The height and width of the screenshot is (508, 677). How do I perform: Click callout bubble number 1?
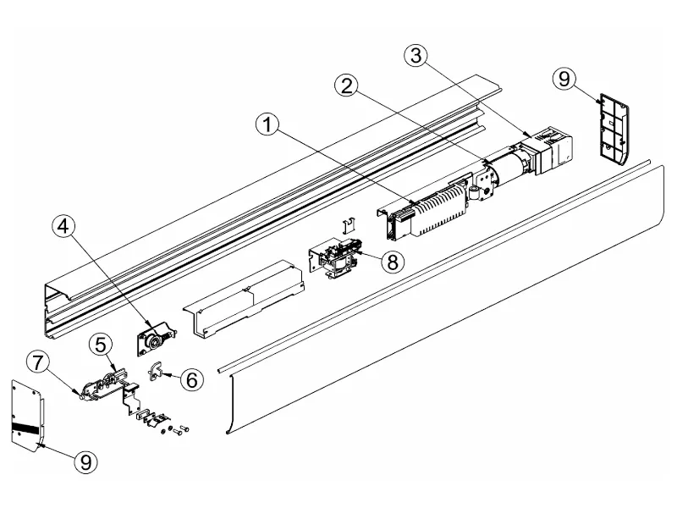tap(267, 124)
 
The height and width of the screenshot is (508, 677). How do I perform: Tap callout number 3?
tap(415, 56)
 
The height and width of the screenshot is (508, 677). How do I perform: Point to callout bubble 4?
tap(65, 225)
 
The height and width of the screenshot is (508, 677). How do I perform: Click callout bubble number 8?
tap(392, 261)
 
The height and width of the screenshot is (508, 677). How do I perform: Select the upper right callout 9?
tap(564, 79)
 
